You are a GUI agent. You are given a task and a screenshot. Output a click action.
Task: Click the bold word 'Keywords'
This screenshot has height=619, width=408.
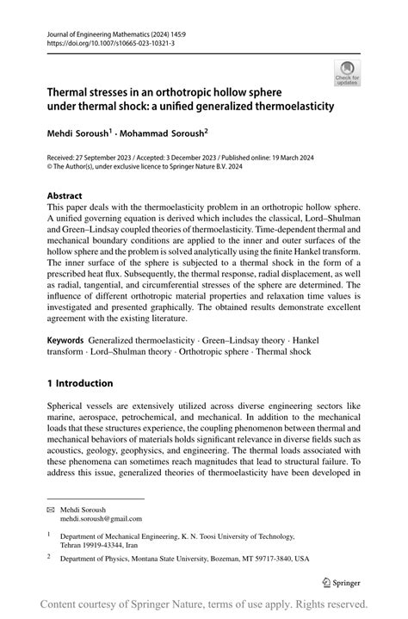click(65, 341)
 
